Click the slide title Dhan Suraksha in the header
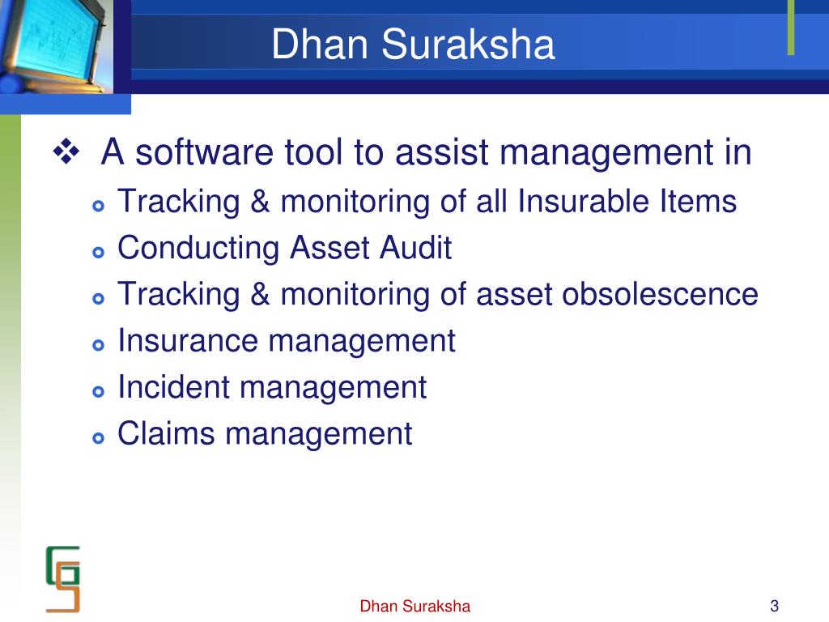point(413,44)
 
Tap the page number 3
point(775,606)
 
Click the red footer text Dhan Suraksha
point(415,606)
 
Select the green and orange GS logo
point(63,579)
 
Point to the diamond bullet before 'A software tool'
point(66,151)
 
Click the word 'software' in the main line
point(204,152)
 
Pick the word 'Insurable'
point(583,201)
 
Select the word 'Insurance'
point(188,341)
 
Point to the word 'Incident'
point(174,387)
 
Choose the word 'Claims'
point(166,434)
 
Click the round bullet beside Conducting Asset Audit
point(98,252)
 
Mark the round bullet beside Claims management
point(98,438)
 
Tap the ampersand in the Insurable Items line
point(260,201)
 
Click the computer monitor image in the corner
point(56,46)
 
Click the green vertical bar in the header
point(791,28)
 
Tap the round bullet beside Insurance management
point(98,345)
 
